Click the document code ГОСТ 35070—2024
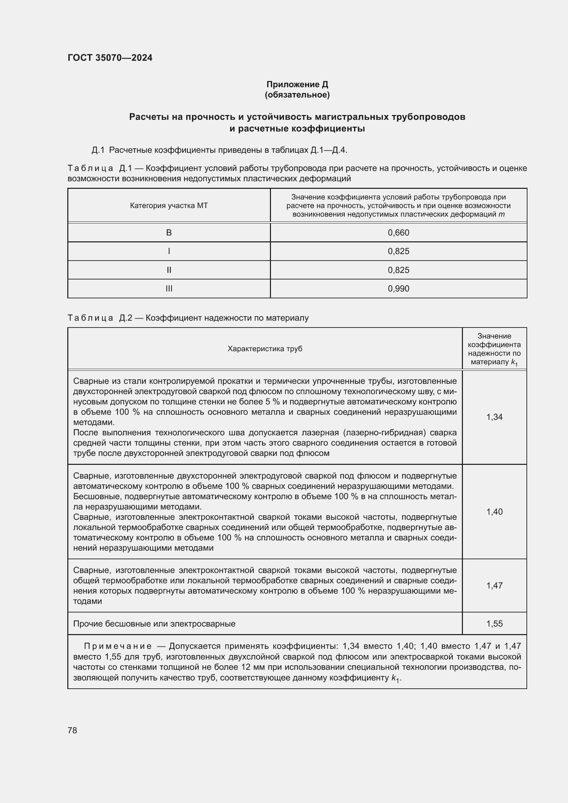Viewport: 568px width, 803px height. pyautogui.click(x=110, y=58)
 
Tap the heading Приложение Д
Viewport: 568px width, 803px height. pyautogui.click(x=297, y=84)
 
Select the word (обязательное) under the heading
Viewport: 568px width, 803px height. pyautogui.click(x=297, y=95)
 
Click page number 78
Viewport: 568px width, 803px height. pyautogui.click(x=72, y=730)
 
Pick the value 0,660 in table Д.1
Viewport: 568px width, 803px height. pyautogui.click(x=398, y=232)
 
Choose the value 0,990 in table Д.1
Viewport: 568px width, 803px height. pyautogui.click(x=398, y=288)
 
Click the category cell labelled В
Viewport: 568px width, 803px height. pyautogui.click(x=169, y=232)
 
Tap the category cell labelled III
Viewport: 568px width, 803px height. pyautogui.click(x=169, y=288)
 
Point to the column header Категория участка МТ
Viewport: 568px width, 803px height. pyautogui.click(x=169, y=206)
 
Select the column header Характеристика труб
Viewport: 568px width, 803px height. pyautogui.click(x=265, y=349)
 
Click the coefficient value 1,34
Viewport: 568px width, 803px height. pyautogui.click(x=494, y=417)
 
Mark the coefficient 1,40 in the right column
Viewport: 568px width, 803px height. pyautogui.click(x=494, y=512)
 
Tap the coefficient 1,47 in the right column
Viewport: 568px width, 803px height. pyautogui.click(x=494, y=585)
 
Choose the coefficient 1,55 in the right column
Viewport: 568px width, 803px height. pyautogui.click(x=494, y=623)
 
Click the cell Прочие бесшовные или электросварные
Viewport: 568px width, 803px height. pyautogui.click(x=154, y=623)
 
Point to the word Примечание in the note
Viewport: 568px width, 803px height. pyautogui.click(x=117, y=646)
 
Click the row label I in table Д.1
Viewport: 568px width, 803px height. pyautogui.click(x=169, y=251)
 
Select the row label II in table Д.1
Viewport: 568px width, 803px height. pyautogui.click(x=169, y=270)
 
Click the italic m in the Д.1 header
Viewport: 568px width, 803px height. pyautogui.click(x=502, y=214)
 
